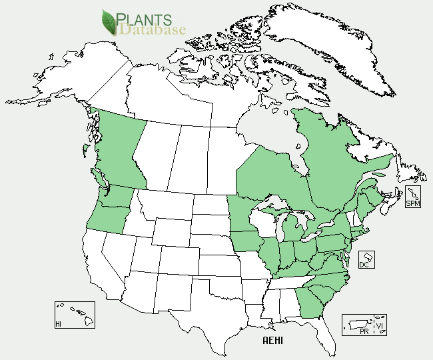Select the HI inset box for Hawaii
point(75,314)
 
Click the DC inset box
point(366,260)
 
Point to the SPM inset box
point(413,197)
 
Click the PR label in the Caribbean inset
point(362,331)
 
